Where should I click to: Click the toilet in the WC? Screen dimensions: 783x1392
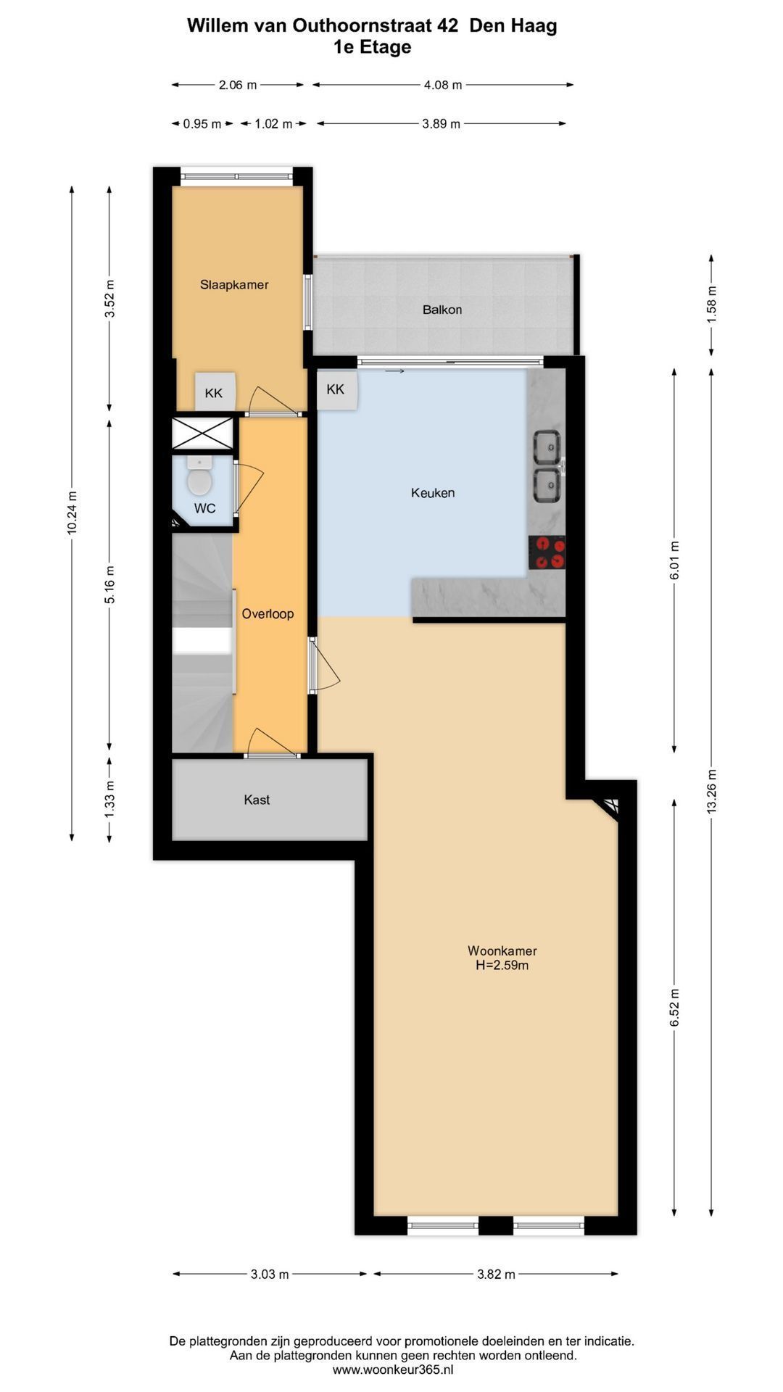click(199, 476)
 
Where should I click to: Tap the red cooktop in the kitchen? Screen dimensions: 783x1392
click(547, 552)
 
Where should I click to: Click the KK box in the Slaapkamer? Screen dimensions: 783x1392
click(215, 392)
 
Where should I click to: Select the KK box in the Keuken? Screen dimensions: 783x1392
click(336, 390)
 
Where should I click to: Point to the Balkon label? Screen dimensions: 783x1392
click(442, 310)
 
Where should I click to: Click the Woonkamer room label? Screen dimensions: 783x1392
click(502, 950)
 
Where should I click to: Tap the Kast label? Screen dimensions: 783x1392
click(257, 800)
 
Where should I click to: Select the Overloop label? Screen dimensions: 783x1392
click(268, 614)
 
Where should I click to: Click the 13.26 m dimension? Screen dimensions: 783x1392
click(711, 791)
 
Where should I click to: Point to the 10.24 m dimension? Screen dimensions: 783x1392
click(72, 513)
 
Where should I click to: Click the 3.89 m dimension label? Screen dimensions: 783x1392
click(441, 124)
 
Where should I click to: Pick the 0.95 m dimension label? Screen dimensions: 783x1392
click(202, 124)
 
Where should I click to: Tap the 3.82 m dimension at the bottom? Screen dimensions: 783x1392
click(496, 1275)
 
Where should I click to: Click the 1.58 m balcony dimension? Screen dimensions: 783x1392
click(711, 304)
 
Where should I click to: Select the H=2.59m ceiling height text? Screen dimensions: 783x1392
click(502, 966)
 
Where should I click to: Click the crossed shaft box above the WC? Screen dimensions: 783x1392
click(202, 434)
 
